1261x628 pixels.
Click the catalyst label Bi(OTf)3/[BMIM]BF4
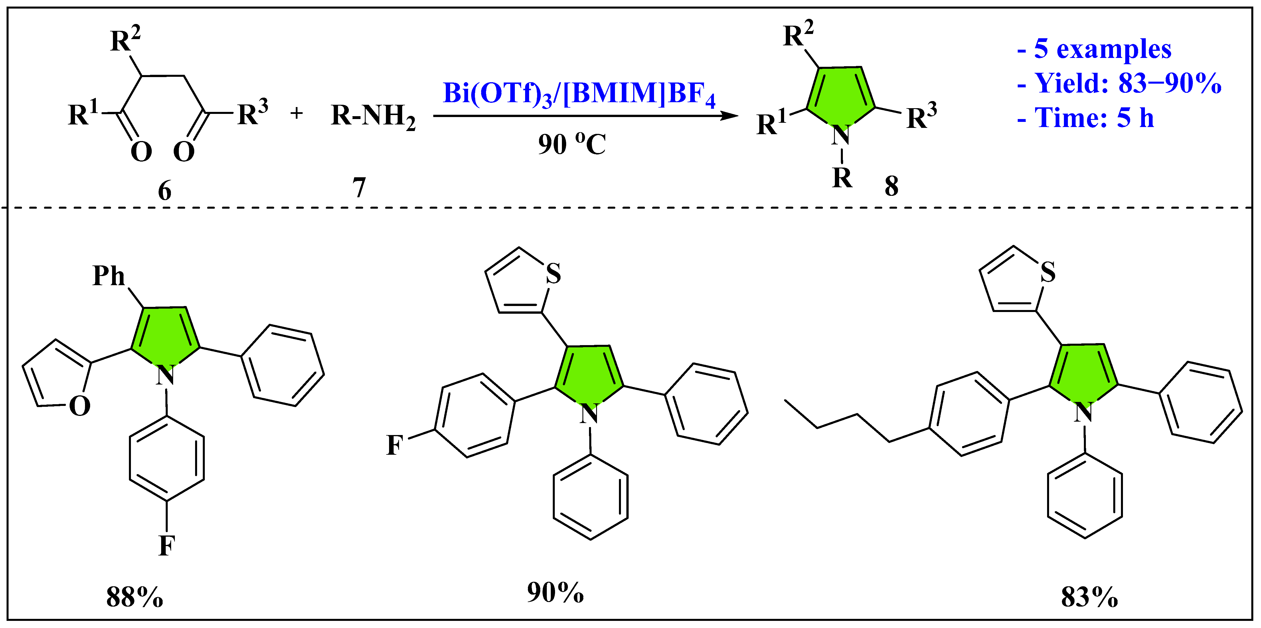(579, 93)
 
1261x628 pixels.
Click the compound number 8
(891, 186)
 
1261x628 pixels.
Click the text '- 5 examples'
(1094, 49)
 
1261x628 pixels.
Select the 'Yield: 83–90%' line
(1119, 83)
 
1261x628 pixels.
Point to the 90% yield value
(555, 592)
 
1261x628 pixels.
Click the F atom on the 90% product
(394, 445)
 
